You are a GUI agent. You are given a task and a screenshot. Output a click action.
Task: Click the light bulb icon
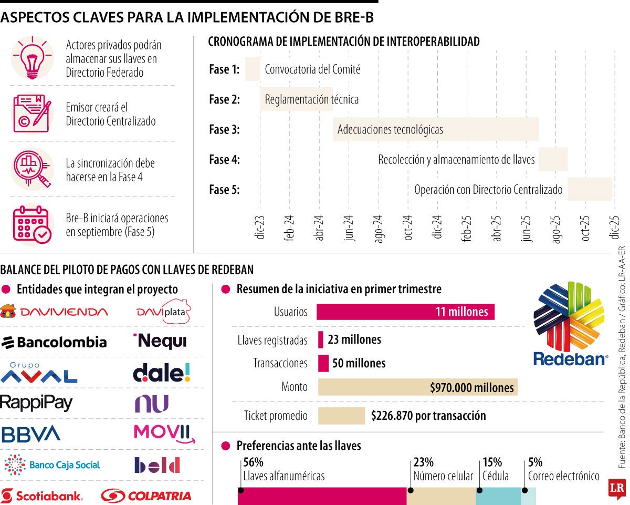pos(32,58)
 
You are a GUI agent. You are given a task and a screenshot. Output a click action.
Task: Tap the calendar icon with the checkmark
pos(32,224)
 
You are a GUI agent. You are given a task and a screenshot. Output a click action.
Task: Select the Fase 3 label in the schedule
pos(224,130)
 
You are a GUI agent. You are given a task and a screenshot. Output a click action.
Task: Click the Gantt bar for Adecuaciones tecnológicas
pos(435,129)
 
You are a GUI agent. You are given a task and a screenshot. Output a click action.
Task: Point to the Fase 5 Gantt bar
pos(589,190)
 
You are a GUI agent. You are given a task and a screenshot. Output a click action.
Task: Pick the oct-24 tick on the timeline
pos(408,228)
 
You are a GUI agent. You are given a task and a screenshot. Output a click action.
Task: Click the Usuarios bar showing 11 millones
pos(405,312)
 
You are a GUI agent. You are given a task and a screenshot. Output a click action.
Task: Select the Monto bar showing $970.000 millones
pos(417,387)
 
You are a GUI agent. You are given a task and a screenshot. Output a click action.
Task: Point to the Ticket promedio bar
pos(341,416)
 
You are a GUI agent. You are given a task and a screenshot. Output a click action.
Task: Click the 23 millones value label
pos(354,339)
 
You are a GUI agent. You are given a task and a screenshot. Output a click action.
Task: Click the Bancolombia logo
pos(54,343)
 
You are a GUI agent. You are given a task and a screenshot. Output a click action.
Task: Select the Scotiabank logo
pos(41,496)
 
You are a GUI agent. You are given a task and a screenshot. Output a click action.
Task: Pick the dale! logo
pos(162,372)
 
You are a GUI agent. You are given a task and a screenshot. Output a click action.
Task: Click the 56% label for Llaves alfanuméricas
pos(253,462)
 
